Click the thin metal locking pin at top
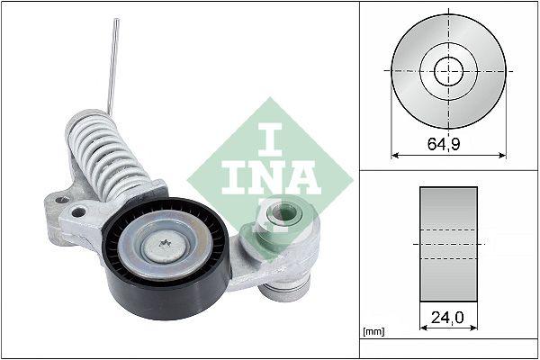[x=112, y=63]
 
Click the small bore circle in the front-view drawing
[x=447, y=70]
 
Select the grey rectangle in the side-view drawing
[x=447, y=242]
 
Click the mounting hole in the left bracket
[x=78, y=213]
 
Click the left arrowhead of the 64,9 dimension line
[x=394, y=155]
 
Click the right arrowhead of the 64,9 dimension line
[x=502, y=155]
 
